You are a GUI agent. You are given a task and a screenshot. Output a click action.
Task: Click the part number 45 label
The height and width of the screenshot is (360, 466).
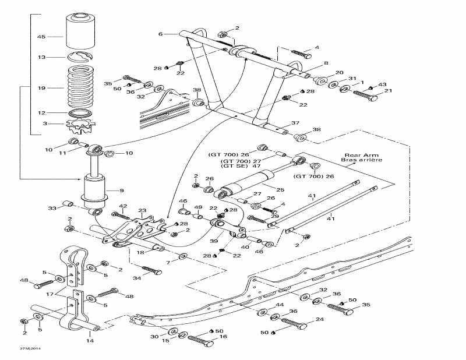pos(41,37)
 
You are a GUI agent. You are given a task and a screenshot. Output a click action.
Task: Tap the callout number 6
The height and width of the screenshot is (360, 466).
pos(160,34)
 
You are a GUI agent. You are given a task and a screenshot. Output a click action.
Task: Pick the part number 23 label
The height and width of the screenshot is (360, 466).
pos(142,210)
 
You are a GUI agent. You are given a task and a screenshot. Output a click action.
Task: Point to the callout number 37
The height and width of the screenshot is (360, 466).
pos(295,123)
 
